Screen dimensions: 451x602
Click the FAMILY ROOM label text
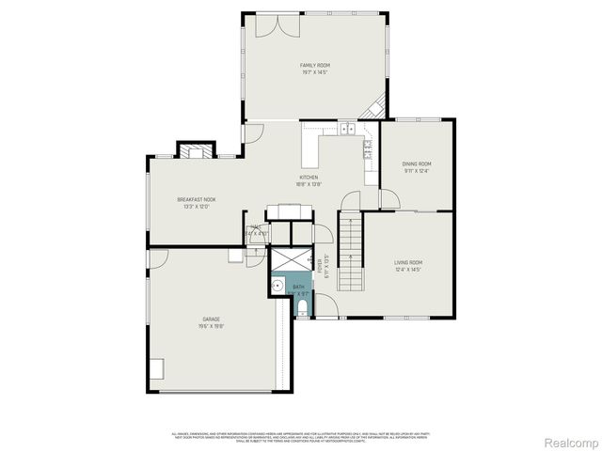[x=315, y=65]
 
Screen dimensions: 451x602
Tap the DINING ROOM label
[x=418, y=163]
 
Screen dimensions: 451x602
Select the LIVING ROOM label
[x=407, y=262]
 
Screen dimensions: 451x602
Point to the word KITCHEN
[x=309, y=177]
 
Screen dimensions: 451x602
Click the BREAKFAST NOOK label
[x=197, y=199]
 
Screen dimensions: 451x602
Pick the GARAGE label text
[x=210, y=319]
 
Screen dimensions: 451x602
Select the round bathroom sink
[x=277, y=286]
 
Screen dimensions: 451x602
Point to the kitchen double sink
[x=347, y=129]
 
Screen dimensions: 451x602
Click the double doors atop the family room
[x=273, y=25]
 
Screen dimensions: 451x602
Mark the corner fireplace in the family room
[x=377, y=108]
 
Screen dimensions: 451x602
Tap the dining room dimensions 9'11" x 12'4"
[x=418, y=171]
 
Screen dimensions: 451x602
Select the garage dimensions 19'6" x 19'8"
[x=210, y=327]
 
